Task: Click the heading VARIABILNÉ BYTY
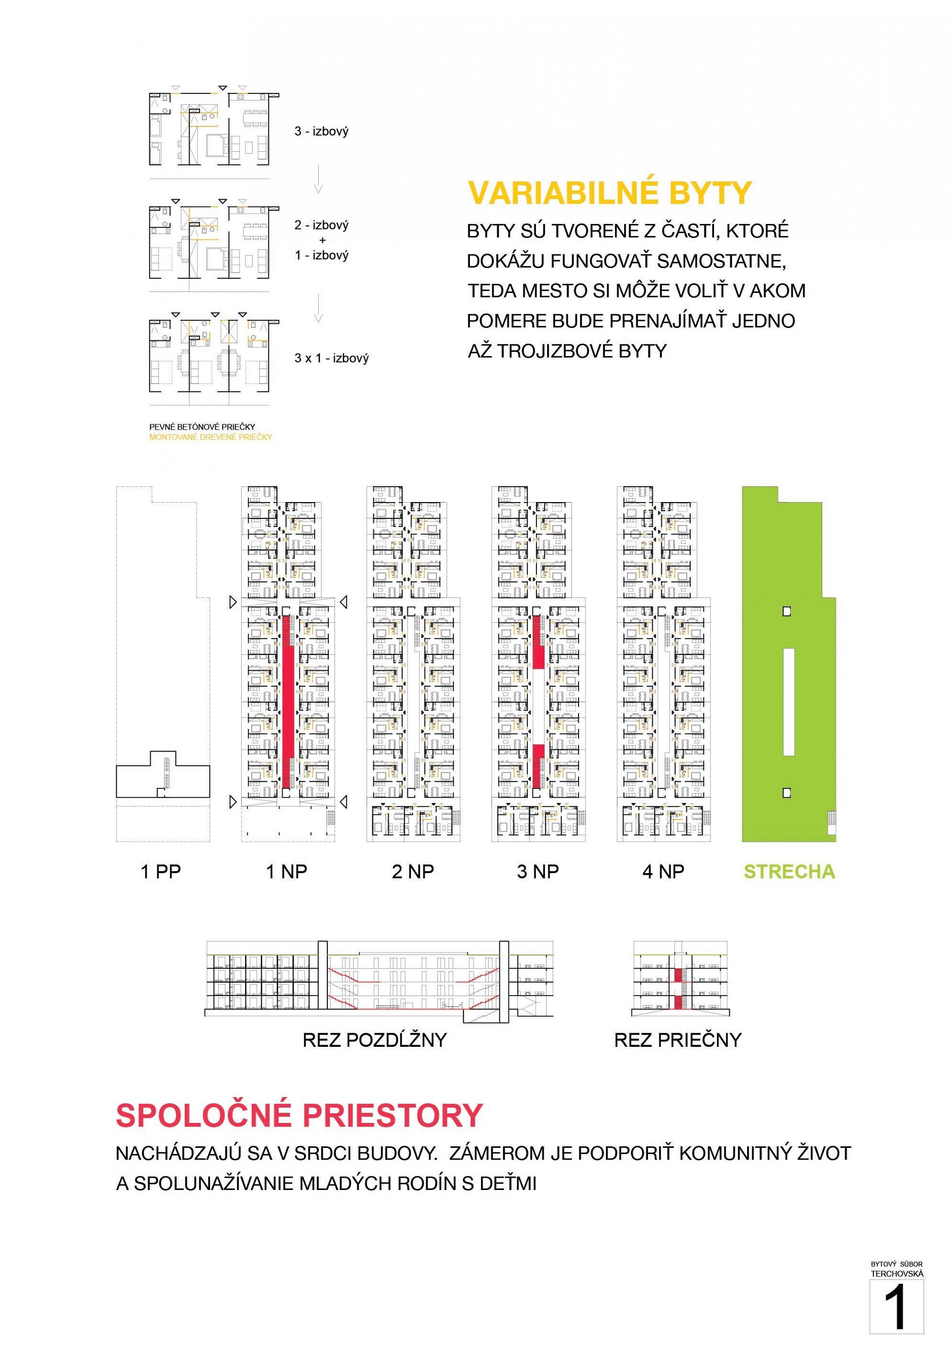coord(609,193)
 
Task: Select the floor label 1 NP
coord(287,872)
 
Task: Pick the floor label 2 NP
coord(413,872)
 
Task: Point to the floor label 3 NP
coord(537,872)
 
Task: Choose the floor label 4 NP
coord(663,872)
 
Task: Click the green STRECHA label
coord(789,872)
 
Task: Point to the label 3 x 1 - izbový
coord(331,358)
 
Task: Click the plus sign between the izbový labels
coord(322,241)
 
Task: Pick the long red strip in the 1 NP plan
coord(288,701)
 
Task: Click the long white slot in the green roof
coord(788,702)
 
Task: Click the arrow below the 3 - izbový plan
coord(318,180)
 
